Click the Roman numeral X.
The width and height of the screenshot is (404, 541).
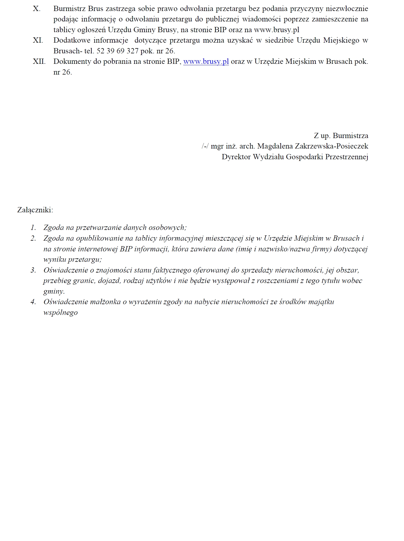37,9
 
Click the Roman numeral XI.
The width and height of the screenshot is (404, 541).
38,40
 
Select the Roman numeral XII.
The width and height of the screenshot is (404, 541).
39,61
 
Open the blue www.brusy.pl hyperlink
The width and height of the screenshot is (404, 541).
206,62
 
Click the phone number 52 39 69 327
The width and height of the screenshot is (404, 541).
118,51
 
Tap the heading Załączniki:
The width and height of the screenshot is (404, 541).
35,210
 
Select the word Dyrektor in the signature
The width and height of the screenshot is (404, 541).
236,157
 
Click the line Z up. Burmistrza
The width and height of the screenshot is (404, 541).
341,136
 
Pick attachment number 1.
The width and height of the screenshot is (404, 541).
34,228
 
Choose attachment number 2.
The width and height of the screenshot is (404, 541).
34,238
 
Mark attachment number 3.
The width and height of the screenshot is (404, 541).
34,270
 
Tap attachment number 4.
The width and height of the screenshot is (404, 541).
34,302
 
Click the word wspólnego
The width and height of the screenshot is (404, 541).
61,313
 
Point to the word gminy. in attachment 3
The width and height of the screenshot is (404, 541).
54,292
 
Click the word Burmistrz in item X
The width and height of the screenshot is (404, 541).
70,9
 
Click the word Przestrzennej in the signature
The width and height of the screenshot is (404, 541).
347,157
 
